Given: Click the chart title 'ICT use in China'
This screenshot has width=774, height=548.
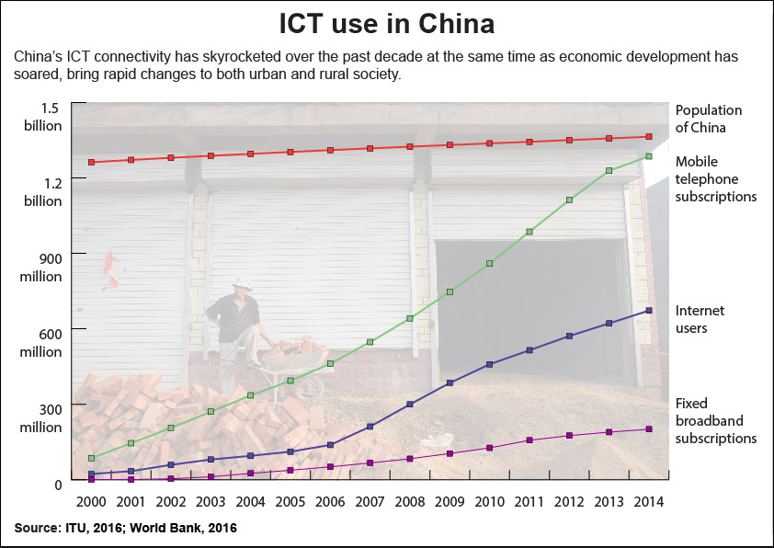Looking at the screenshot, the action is click(x=386, y=23).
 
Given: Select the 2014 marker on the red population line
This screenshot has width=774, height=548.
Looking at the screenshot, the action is click(x=649, y=136).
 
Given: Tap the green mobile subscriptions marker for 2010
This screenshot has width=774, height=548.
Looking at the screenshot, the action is click(x=490, y=263).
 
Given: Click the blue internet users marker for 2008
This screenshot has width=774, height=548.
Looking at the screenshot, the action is click(x=410, y=404).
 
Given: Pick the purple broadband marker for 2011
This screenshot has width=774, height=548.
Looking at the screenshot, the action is click(x=529, y=440).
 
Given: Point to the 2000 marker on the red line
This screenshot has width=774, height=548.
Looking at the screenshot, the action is click(x=91, y=162).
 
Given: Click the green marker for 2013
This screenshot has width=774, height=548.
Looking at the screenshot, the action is click(x=609, y=170).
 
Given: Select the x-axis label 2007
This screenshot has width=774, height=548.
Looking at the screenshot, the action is click(x=370, y=502).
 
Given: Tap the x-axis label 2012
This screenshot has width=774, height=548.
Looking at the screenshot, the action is click(x=569, y=502).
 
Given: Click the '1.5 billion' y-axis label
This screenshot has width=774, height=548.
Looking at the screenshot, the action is click(x=43, y=117).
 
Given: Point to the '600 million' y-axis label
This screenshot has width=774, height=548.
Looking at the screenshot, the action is click(x=41, y=343).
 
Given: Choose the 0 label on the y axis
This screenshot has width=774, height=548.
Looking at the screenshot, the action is click(x=58, y=485).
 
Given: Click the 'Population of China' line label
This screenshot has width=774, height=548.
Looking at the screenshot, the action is click(x=709, y=119).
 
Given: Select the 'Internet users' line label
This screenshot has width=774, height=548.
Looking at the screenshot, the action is click(x=700, y=319).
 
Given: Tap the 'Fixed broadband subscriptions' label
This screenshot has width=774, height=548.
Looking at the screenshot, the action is click(x=716, y=420).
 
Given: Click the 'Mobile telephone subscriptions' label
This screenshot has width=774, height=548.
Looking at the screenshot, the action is click(x=716, y=178).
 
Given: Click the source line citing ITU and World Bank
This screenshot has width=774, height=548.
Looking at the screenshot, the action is click(x=125, y=528).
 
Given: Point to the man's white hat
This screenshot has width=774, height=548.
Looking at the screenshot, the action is click(x=242, y=283).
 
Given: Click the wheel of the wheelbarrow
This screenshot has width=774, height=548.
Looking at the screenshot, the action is click(x=309, y=388).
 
